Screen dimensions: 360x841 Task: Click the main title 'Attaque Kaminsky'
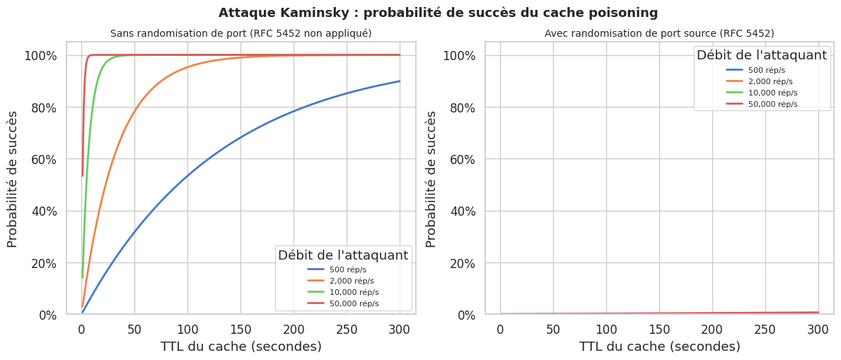[x=438, y=13]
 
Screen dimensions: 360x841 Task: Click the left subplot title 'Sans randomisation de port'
[x=240, y=33]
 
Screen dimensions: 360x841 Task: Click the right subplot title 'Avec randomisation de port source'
[x=659, y=33]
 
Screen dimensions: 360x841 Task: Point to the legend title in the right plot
[x=761, y=55]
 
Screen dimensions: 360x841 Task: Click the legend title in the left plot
[x=342, y=255]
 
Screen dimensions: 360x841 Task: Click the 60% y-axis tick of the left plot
[x=42, y=159]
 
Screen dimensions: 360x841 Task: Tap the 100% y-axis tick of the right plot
[x=460, y=55]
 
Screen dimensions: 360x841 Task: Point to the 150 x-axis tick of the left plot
[x=240, y=328]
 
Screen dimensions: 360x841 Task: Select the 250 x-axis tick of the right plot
[x=765, y=328]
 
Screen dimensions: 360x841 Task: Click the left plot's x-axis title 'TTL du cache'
[x=240, y=347]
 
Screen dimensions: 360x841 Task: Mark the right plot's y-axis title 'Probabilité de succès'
[x=431, y=179]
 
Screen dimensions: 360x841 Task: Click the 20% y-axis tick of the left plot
[x=42, y=263]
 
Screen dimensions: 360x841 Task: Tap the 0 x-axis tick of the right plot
[x=500, y=328]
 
